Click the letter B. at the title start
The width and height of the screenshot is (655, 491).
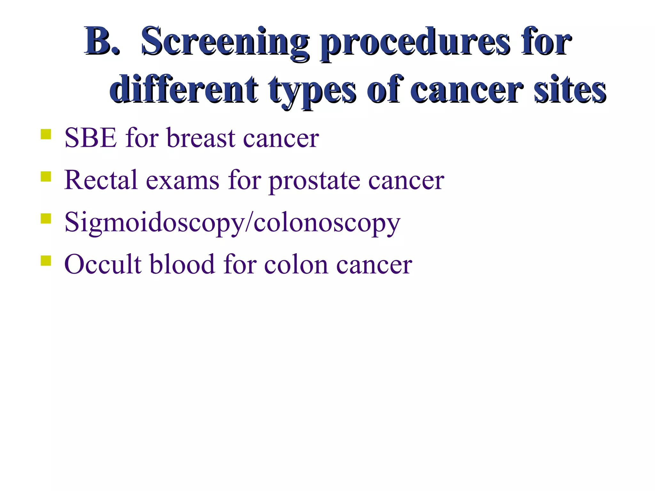[x=102, y=42]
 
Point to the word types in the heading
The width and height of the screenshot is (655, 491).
[x=312, y=91]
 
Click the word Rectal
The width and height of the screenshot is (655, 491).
[x=101, y=180]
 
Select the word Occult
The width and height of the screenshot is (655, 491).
[x=103, y=264]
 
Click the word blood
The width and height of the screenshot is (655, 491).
[x=182, y=264]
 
